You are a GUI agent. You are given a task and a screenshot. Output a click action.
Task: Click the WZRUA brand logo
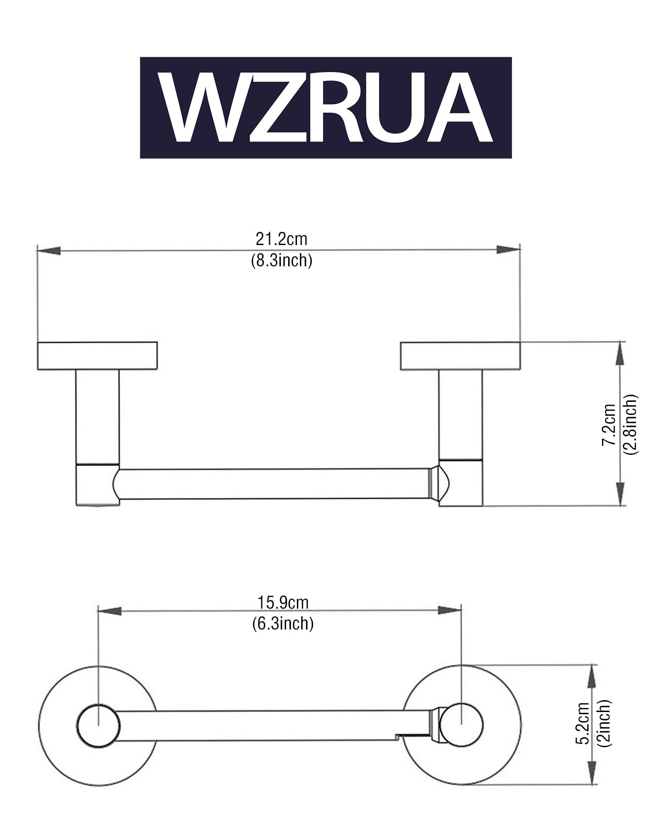(326, 107)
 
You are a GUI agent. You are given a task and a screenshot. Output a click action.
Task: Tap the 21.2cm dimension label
(281, 239)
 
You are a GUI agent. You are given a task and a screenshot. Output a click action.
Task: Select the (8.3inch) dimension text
(282, 260)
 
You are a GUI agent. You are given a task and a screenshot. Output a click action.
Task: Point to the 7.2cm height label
(609, 424)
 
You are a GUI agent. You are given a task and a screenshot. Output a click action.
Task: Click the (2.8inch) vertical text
(630, 424)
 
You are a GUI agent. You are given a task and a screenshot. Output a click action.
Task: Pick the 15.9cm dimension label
(283, 603)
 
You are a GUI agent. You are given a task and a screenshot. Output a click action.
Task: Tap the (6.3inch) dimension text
(283, 623)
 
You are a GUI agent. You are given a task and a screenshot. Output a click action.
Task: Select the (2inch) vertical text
(604, 723)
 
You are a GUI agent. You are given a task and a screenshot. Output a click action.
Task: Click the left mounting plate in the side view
(97, 356)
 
